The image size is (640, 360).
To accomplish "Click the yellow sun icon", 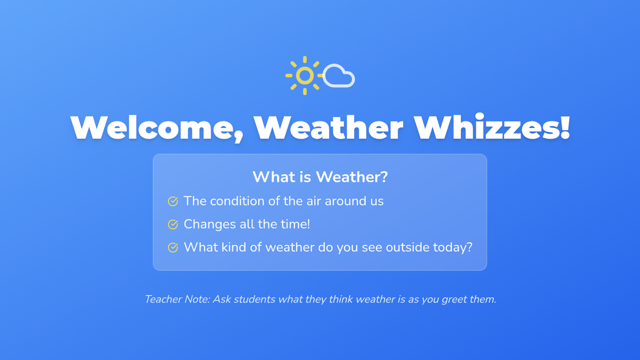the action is [x=305, y=75].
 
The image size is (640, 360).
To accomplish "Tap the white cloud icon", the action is [x=339, y=76].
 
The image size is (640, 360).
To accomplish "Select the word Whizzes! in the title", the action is [x=492, y=127].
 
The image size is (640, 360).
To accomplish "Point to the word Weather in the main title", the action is [x=329, y=127].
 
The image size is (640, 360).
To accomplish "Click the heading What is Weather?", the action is [x=321, y=177].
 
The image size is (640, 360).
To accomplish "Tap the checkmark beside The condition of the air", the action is [x=173, y=202].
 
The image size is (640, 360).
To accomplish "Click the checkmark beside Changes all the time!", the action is [x=173, y=225].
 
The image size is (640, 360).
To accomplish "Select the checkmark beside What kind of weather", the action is [x=173, y=247].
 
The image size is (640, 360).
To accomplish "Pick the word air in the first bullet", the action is [x=314, y=202].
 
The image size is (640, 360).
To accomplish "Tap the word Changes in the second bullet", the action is [x=210, y=225].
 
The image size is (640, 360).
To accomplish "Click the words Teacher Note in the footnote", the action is [x=178, y=299].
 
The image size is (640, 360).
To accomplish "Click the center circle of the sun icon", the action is [x=305, y=75].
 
